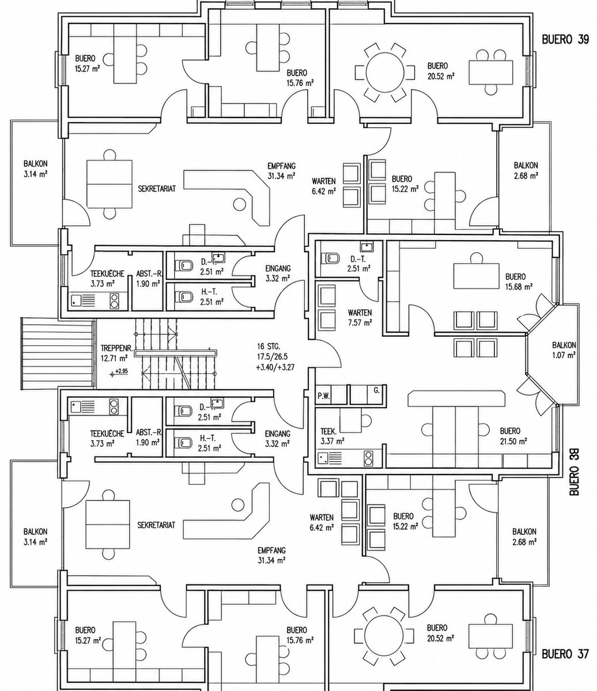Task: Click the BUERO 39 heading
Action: [x=565, y=40]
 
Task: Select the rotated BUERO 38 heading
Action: [x=574, y=472]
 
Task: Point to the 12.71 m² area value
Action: [x=114, y=358]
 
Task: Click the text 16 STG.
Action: [x=269, y=345]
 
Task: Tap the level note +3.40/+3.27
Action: [x=275, y=367]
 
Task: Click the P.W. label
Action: [x=324, y=397]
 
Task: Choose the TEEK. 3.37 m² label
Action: [x=332, y=436]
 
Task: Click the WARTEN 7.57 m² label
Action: [x=360, y=318]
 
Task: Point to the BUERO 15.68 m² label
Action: [x=519, y=282]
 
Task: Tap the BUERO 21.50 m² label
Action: [x=513, y=436]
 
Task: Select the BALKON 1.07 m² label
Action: [x=564, y=350]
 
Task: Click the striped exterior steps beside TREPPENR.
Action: [x=56, y=354]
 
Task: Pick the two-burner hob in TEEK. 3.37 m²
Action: [x=368, y=458]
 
